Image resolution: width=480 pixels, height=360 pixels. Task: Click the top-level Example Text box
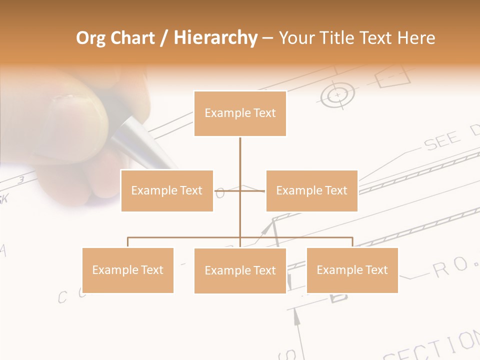click(240, 113)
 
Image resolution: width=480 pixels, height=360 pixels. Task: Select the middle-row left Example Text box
click(167, 190)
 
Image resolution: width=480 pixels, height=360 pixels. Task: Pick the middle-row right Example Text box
click(311, 190)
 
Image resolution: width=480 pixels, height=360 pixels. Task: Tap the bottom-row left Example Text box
click(127, 270)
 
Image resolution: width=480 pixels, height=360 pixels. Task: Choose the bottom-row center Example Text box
click(240, 270)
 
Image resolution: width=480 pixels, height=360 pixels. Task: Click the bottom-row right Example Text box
click(352, 270)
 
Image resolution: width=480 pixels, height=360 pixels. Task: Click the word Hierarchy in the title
click(215, 38)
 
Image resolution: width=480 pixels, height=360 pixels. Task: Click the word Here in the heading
click(416, 38)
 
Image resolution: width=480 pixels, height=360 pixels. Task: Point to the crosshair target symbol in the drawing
click(337, 94)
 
